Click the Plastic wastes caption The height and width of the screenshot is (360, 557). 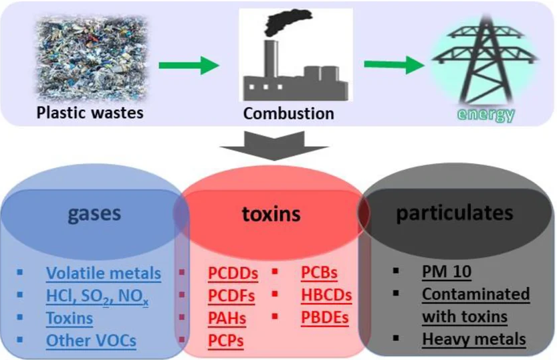pyautogui.click(x=89, y=112)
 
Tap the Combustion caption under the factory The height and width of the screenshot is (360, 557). pyautogui.click(x=288, y=112)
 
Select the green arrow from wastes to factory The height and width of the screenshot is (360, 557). pyautogui.click(x=189, y=66)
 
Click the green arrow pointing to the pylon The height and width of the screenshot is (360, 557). pyautogui.click(x=395, y=66)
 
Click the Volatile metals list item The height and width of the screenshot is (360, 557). pyautogui.click(x=104, y=273)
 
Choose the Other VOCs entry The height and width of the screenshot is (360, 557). pyautogui.click(x=91, y=340)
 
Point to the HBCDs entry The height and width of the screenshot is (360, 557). pyautogui.click(x=326, y=295)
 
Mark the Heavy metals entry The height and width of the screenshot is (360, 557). pyautogui.click(x=474, y=339)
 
